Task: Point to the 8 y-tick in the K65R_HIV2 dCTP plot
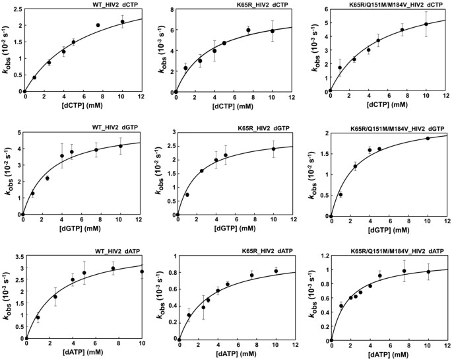[x=170, y=11]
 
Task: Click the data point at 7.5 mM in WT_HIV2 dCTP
[x=98, y=25]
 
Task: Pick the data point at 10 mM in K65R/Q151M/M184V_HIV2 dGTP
[x=428, y=138]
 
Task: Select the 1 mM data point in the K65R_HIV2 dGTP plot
[x=187, y=195]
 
